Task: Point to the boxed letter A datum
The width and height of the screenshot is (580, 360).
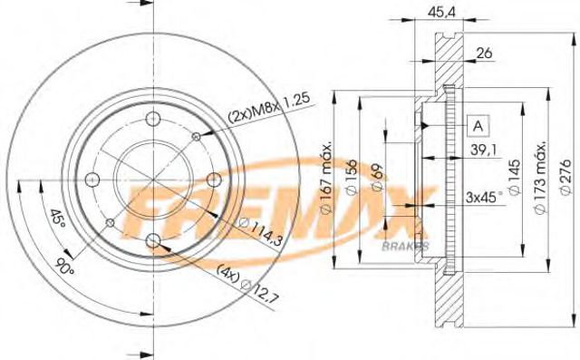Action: coord(478,125)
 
